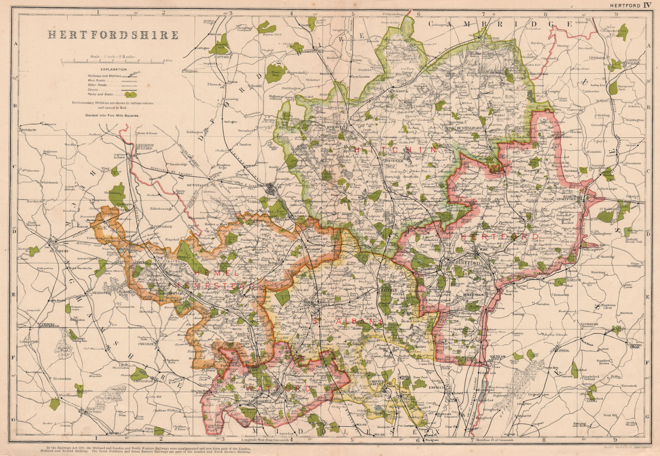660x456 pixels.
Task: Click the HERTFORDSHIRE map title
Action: point(113,35)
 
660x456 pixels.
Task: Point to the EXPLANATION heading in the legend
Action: point(113,69)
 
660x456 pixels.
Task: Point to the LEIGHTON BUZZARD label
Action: point(145,148)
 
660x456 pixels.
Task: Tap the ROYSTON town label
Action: point(490,38)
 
